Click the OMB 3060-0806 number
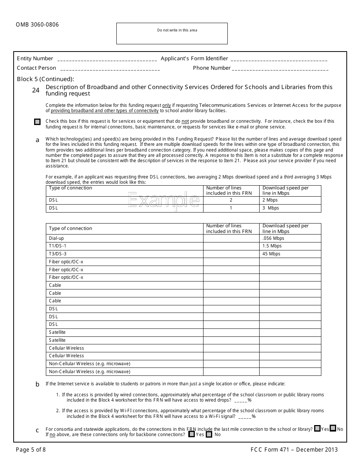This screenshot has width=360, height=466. pos(37,25)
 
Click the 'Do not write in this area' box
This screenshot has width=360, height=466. pos(172,33)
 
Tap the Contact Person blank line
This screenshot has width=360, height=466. pos(110,69)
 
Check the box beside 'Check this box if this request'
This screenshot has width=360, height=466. pos(37,122)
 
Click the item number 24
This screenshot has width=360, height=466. pos(36,90)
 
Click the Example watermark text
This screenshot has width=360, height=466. pos(163,200)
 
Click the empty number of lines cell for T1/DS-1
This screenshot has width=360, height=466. pos(231,246)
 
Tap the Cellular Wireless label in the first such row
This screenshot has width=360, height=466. pos(66,348)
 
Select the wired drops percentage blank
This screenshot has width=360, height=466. pos(241,400)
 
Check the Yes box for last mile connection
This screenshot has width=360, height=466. pos(317,428)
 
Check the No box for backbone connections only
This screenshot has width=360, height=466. pos(209,435)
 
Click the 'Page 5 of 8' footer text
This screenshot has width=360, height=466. pos(31,450)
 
